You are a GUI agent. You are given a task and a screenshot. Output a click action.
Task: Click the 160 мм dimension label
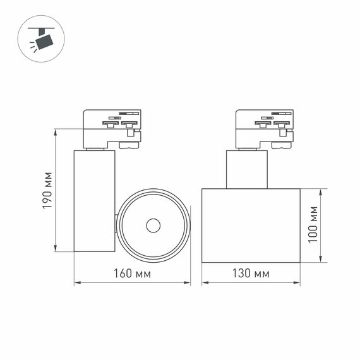click(x=133, y=273)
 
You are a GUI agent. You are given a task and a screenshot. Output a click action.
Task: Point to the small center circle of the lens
click(x=152, y=225)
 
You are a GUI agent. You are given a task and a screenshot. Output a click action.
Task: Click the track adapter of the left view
click(x=112, y=128)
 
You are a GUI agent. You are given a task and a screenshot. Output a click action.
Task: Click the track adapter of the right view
click(x=264, y=128)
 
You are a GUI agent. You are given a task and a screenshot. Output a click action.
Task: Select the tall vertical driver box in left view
click(x=95, y=200)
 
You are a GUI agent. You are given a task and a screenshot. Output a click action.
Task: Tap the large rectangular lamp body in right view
click(x=251, y=225)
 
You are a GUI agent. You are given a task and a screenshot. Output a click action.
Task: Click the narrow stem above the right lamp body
click(x=247, y=169)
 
